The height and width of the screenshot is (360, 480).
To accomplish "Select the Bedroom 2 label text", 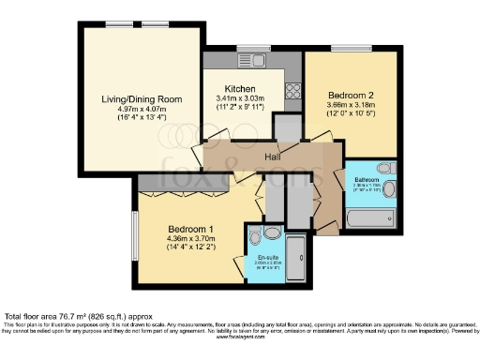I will coord(350,95).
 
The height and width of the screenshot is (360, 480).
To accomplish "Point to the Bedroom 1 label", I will coord(191,230).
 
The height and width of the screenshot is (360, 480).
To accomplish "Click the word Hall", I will coord(273,156).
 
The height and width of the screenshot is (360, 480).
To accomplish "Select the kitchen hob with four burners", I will coord(292,91).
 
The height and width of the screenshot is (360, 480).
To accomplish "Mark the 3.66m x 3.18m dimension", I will coord(350,105).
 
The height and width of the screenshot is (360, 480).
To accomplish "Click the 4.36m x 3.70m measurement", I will coord(191,240).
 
